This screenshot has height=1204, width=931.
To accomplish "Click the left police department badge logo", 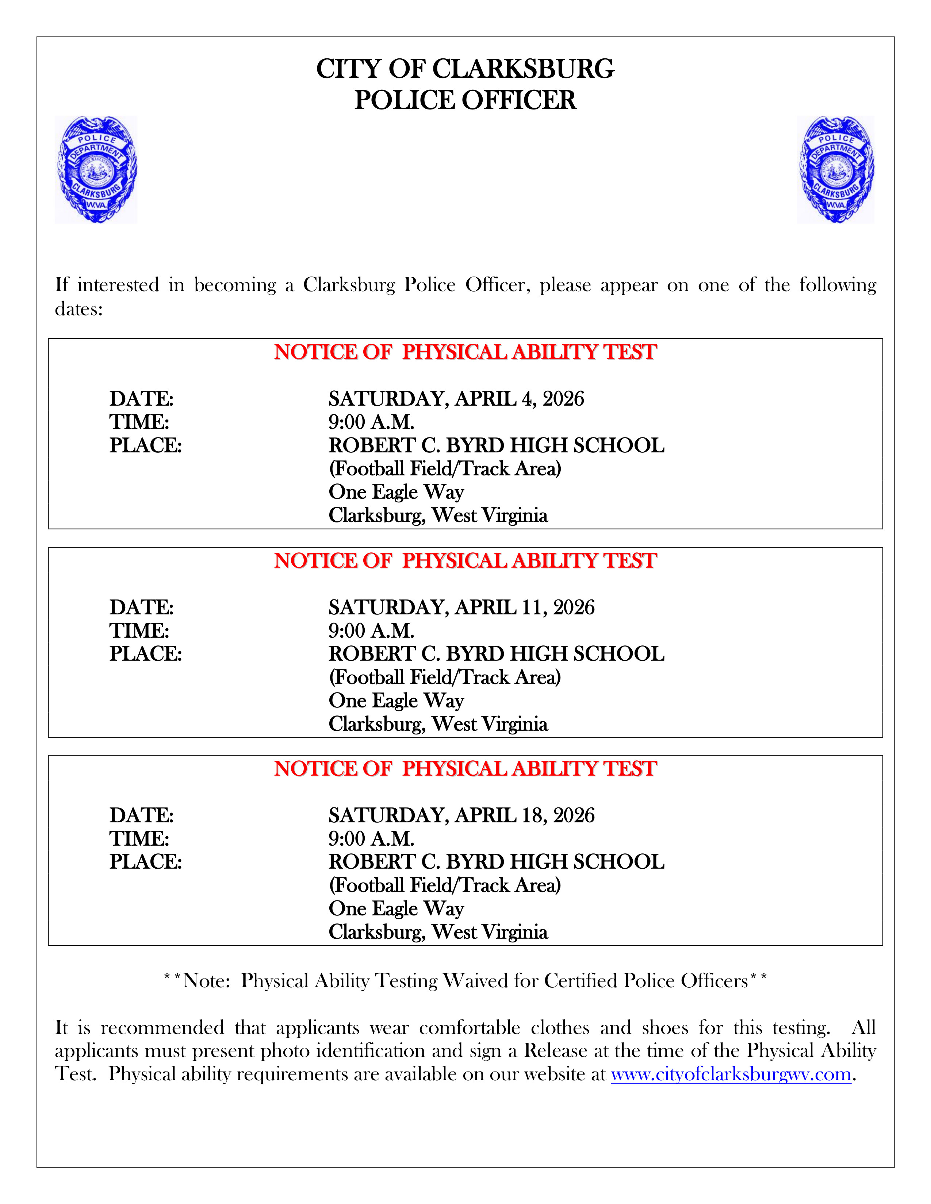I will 96,169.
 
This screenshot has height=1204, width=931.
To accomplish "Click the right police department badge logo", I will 836,169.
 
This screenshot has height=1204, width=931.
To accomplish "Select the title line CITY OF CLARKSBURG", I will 465,69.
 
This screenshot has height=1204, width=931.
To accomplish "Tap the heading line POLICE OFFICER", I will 465,100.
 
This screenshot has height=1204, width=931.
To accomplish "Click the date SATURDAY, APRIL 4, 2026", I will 456,398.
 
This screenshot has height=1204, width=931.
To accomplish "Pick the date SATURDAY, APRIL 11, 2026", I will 461,607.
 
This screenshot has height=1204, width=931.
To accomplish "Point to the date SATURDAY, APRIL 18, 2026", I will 461,815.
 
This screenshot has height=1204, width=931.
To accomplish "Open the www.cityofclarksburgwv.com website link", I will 731,1074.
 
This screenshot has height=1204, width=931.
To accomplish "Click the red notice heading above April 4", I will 465,352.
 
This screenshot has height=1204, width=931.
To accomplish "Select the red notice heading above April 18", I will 465,768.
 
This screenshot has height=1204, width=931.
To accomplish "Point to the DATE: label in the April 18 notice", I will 141,815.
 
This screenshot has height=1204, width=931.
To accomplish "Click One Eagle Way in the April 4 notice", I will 396,492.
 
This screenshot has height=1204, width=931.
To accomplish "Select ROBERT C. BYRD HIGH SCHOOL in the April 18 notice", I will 497,862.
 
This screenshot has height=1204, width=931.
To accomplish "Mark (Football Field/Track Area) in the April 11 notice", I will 445,677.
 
